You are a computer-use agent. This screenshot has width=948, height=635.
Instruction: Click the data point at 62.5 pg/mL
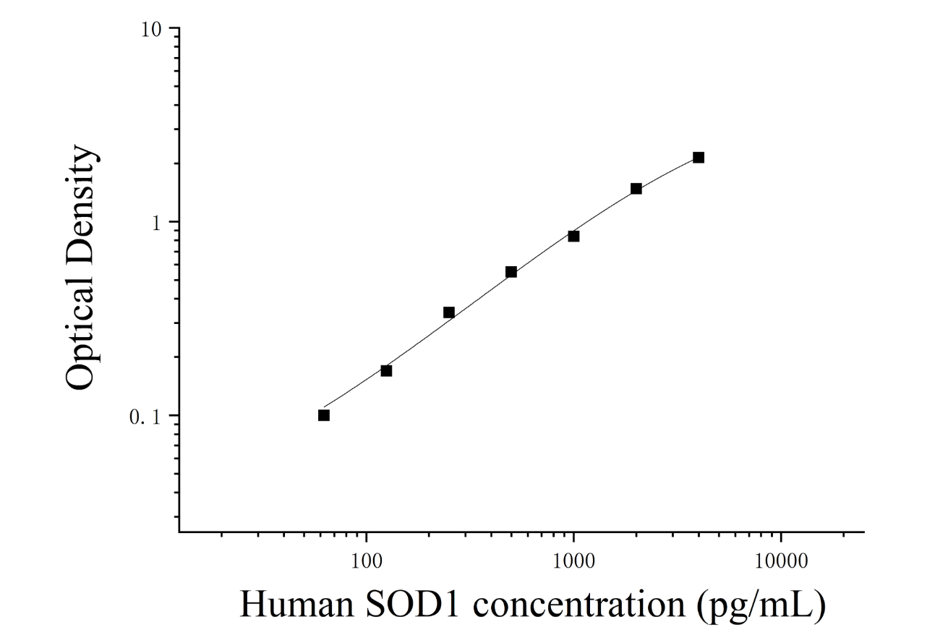tap(324, 415)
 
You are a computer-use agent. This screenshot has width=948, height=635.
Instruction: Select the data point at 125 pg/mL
tap(386, 371)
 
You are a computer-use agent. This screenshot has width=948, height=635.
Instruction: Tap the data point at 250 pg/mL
tap(449, 312)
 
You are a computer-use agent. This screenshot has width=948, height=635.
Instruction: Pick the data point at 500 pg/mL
tap(511, 272)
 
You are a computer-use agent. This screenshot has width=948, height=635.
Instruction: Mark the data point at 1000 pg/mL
tap(574, 236)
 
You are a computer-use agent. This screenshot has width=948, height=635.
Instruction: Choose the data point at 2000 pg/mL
tap(636, 188)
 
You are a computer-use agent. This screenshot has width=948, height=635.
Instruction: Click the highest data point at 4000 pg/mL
tap(699, 158)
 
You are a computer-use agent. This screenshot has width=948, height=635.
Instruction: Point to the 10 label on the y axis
tap(152, 30)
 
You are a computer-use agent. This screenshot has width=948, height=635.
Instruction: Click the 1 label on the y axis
tap(157, 223)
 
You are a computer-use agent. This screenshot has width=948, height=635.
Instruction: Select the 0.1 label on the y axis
tap(145, 417)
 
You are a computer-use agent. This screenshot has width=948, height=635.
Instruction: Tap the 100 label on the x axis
tap(367, 561)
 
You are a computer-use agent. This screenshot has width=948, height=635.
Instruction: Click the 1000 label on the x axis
tap(574, 561)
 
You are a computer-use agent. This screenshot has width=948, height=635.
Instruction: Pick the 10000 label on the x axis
tap(781, 561)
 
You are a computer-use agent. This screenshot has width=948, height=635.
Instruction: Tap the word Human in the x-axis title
tap(297, 605)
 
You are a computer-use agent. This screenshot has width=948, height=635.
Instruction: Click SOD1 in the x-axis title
tap(412, 605)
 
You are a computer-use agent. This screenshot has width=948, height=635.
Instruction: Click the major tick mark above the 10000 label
tap(781, 537)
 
